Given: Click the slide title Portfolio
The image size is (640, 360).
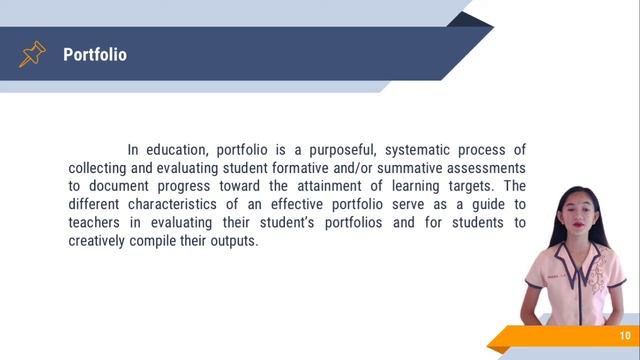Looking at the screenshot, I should click(95, 55).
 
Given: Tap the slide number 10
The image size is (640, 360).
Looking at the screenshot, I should click(625, 336).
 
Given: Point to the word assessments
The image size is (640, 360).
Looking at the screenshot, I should click(489, 169).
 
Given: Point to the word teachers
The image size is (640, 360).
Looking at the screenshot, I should click(98, 223).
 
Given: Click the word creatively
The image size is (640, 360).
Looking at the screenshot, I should click(104, 241).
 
